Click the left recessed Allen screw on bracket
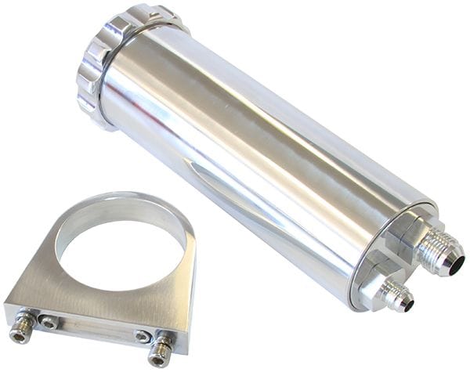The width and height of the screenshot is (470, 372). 49,321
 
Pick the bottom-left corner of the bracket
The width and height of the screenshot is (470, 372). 9,313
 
